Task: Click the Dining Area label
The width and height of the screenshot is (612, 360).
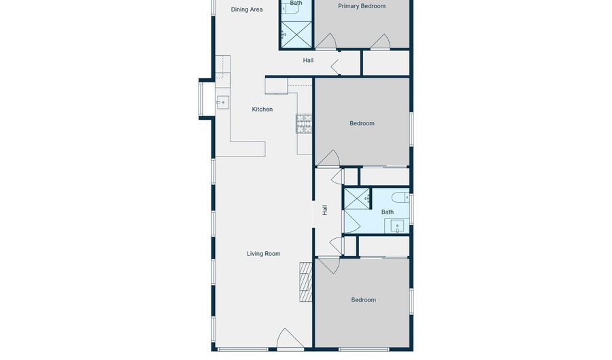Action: [247, 10]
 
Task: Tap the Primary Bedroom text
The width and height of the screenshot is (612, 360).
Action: [362, 6]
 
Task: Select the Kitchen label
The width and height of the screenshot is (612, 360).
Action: [262, 109]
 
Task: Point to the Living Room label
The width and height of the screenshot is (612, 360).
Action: [263, 254]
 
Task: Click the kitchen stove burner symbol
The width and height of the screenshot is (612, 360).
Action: [304, 123]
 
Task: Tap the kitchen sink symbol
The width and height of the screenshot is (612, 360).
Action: [222, 103]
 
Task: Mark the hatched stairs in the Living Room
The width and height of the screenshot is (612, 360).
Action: [305, 282]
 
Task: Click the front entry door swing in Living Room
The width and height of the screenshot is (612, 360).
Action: [289, 339]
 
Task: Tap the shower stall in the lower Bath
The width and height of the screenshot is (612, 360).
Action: [356, 199]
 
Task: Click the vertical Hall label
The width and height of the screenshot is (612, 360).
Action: [325, 210]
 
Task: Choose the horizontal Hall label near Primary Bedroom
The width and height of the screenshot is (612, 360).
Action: [308, 61]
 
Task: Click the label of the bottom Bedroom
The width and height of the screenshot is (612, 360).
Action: [363, 300]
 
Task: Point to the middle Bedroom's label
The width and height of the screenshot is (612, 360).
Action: [362, 123]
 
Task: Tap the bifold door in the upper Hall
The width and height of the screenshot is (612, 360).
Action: [335, 66]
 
